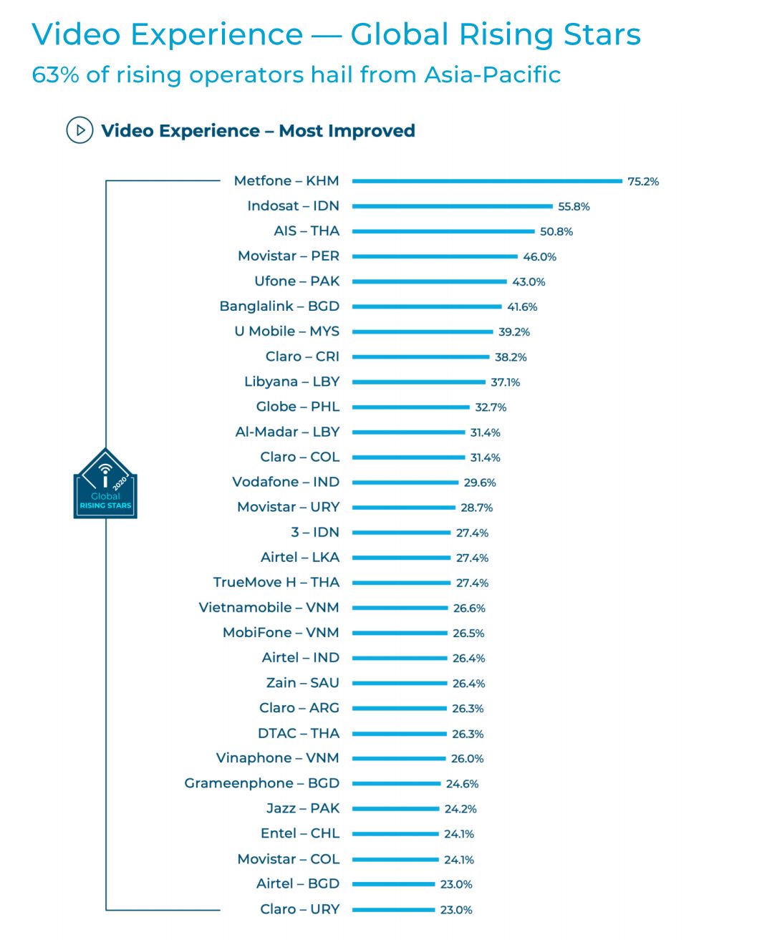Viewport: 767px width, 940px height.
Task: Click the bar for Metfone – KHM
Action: pos(487,181)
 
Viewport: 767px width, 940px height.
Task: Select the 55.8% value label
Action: pos(574,207)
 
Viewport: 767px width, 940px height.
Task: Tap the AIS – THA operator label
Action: pos(307,231)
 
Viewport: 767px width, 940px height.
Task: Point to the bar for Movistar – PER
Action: pos(435,256)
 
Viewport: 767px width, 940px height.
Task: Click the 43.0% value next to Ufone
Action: pos(529,282)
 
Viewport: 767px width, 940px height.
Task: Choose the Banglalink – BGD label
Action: pos(279,306)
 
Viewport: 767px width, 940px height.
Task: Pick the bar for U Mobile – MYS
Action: pos(423,331)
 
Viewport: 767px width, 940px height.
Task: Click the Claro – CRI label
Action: pos(302,357)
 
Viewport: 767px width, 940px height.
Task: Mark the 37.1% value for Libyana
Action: pos(505,382)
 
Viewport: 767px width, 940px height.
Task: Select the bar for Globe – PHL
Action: pos(411,407)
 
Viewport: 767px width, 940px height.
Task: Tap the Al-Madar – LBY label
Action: pos(287,432)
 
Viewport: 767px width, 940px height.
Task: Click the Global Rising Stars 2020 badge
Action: pos(105,484)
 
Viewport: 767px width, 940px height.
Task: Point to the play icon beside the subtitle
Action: pos(79,130)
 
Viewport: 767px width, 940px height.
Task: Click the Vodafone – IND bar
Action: pos(405,483)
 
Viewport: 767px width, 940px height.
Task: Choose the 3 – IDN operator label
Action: pos(315,532)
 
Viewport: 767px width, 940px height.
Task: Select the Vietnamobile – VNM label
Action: pos(269,607)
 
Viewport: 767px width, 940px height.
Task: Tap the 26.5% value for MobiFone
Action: pos(468,634)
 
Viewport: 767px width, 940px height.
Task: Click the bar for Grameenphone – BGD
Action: pos(397,783)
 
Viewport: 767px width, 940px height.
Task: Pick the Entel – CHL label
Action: pos(300,833)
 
